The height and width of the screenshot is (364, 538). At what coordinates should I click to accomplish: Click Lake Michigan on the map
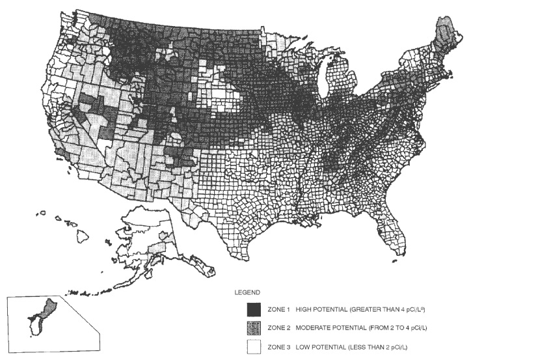point(326,81)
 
